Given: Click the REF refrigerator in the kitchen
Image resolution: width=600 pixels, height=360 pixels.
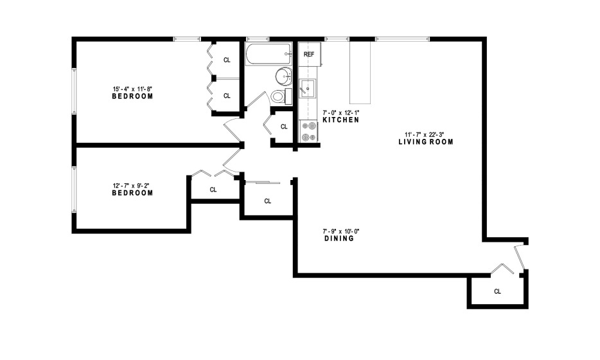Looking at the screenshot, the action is click(x=309, y=54).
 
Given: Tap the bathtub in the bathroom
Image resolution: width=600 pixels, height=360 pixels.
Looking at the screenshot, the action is click(x=269, y=54).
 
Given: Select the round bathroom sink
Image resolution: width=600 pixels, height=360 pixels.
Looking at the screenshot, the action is click(x=283, y=76).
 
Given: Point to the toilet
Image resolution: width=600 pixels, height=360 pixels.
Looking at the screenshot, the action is click(x=281, y=96).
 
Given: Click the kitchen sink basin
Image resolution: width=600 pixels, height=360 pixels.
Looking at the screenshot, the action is click(x=307, y=89).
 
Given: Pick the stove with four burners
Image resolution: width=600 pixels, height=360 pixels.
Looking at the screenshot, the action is click(x=309, y=131).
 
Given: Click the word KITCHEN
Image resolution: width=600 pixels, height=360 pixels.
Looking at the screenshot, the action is click(x=341, y=120).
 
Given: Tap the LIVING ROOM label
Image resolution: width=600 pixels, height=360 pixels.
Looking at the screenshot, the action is click(x=426, y=141).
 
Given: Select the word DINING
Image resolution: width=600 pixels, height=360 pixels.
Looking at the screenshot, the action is click(x=339, y=239).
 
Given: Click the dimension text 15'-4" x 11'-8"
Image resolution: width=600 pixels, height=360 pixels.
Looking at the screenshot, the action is click(x=132, y=89).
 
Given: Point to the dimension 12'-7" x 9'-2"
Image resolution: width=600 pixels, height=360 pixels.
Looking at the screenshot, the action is click(x=131, y=186).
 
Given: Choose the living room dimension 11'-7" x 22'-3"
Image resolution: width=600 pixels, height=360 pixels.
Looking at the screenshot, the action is click(x=425, y=134).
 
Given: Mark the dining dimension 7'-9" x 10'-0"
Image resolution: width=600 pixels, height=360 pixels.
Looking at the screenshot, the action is click(x=341, y=231).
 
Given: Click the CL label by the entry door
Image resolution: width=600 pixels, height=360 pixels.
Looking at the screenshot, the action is click(x=497, y=291).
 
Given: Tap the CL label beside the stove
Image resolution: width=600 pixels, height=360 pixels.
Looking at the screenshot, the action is click(x=284, y=127).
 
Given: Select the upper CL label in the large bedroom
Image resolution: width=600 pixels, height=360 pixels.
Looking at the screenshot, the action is click(x=227, y=60).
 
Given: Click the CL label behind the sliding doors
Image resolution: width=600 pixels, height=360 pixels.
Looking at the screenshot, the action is click(x=268, y=201).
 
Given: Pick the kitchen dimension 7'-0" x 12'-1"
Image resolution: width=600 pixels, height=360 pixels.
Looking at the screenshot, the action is click(x=341, y=113).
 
